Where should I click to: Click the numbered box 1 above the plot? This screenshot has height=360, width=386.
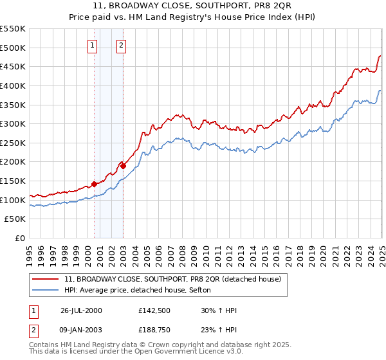[x=93, y=45]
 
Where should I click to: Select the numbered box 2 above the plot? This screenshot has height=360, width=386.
[x=121, y=45]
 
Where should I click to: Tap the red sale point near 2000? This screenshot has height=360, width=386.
[x=94, y=184]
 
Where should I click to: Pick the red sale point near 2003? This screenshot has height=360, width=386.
[x=123, y=166]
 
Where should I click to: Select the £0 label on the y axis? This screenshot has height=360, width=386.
[x=20, y=238]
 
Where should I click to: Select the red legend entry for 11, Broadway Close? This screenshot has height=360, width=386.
[x=172, y=280]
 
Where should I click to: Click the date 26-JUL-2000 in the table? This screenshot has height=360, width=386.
[x=81, y=310]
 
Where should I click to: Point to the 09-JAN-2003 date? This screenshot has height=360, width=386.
[x=81, y=331]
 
